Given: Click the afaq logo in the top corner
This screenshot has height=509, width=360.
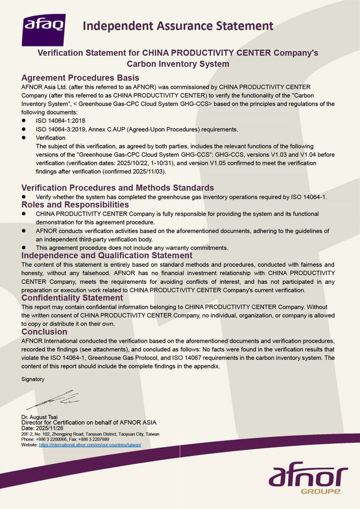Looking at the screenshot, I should click(44, 26).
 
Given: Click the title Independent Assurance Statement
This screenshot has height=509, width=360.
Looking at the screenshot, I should click(178, 26).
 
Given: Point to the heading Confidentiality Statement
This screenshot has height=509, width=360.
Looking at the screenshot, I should click(72, 298).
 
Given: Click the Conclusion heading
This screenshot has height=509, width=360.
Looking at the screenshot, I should click(44, 331).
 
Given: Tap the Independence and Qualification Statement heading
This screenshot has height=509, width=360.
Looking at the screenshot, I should click(107, 255).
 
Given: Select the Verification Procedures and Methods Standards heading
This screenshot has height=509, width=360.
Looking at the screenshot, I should click(118, 188).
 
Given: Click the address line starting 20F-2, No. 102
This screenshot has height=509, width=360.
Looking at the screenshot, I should click(90, 433).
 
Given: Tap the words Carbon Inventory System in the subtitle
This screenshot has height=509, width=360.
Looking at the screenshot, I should click(178, 64).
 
